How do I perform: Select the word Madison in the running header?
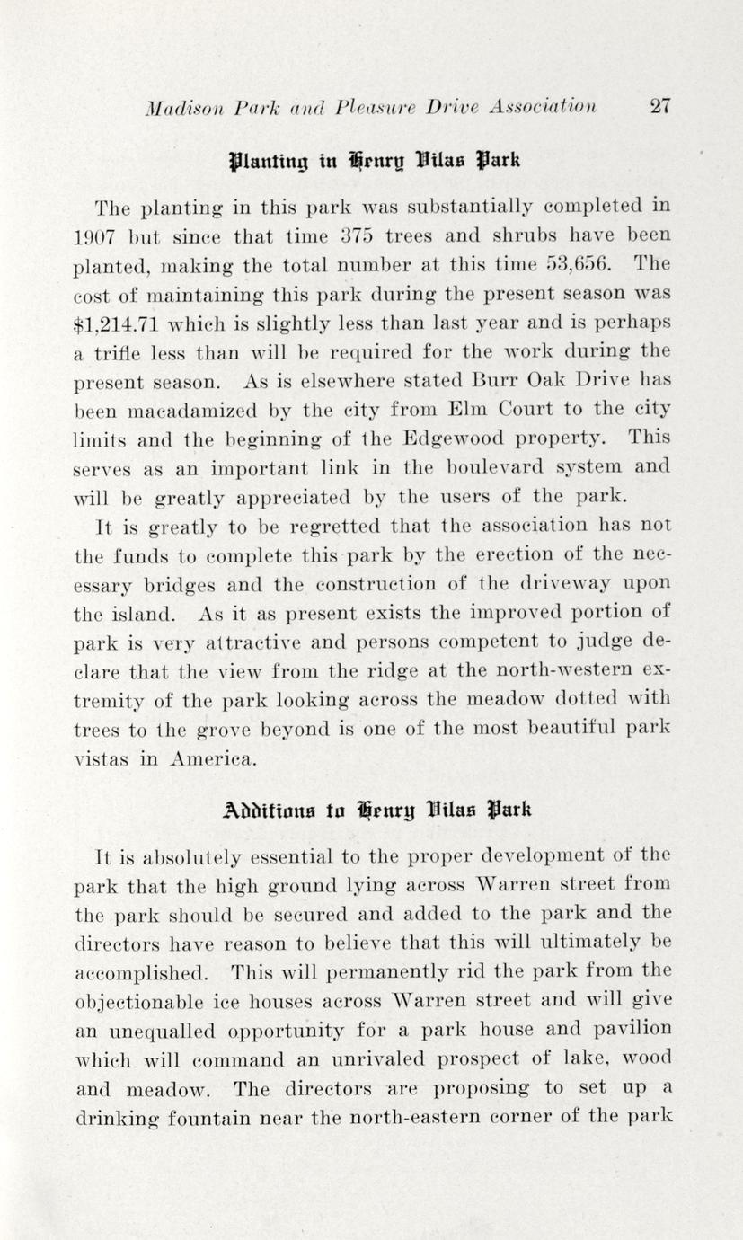pyautogui.click(x=178, y=107)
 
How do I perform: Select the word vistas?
pyautogui.click(x=103, y=757)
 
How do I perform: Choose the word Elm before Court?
pyautogui.click(x=462, y=410)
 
